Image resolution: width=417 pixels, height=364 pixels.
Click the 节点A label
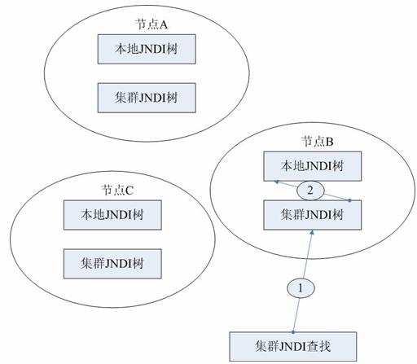[151, 24]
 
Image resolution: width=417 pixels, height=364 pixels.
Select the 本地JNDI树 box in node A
[147, 49]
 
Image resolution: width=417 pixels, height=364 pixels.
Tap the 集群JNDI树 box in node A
[147, 98]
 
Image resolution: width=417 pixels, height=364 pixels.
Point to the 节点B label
[317, 142]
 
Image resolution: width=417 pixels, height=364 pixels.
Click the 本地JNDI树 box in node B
[313, 166]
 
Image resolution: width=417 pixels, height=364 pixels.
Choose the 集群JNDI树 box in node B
[313, 215]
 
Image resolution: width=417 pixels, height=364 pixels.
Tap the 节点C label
[117, 191]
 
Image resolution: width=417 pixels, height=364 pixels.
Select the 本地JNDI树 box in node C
[112, 215]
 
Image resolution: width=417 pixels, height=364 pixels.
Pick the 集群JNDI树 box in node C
[112, 264]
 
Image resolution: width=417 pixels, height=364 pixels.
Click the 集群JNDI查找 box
[293, 347]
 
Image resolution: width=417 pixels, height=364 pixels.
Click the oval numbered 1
[301, 288]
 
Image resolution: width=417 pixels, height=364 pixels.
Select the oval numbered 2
[310, 191]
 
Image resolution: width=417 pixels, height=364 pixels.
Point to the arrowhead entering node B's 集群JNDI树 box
[312, 232]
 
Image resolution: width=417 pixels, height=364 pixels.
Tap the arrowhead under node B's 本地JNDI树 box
[276, 182]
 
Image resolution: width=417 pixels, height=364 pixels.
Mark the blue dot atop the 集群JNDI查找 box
[293, 332]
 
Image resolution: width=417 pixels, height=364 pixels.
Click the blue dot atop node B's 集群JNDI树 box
[349, 200]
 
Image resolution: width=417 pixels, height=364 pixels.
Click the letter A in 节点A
[164, 25]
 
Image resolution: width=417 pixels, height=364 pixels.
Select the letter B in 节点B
[330, 142]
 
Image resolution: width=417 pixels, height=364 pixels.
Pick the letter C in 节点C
[129, 191]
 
